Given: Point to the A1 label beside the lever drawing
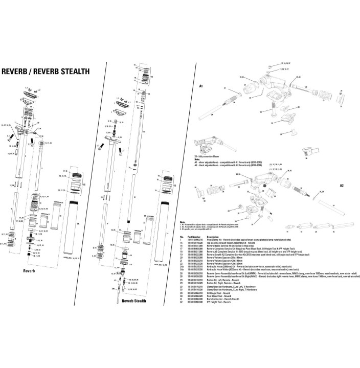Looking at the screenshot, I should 201,87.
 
